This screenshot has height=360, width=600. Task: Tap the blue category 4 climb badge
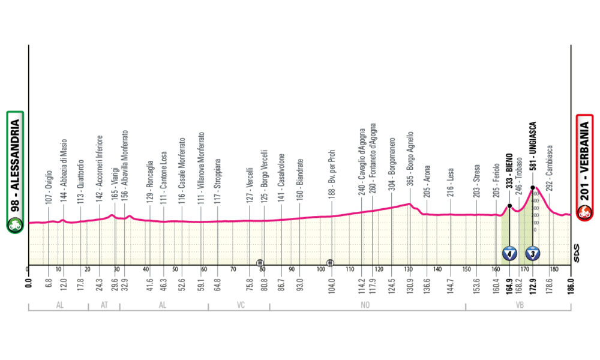click(509, 254)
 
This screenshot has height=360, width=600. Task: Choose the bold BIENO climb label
click(509, 175)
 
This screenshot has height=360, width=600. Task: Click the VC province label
click(239, 305)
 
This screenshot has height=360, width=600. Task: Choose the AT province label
click(104, 305)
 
